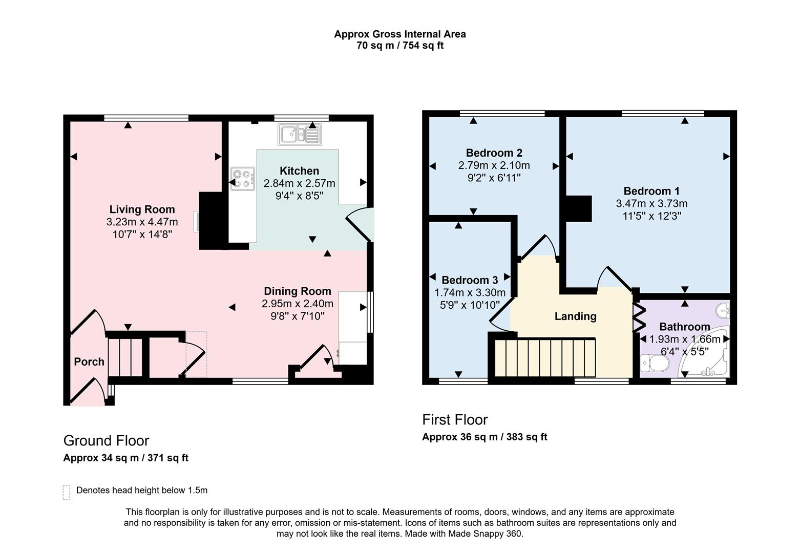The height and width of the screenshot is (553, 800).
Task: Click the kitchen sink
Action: [x=299, y=134]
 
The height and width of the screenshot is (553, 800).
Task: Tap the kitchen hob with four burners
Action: [x=243, y=179]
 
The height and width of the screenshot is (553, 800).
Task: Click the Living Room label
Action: [x=142, y=209]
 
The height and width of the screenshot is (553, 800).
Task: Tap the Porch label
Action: [x=89, y=362]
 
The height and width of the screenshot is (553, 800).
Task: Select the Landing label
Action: [x=575, y=316]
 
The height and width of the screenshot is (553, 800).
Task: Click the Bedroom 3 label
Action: [x=469, y=280]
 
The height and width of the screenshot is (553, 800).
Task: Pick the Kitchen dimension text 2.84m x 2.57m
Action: [x=299, y=183]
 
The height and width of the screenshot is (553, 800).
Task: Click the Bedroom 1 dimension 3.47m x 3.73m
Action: [x=651, y=204]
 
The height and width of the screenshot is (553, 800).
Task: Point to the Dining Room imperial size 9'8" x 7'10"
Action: [x=297, y=316]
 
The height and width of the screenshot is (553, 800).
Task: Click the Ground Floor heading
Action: [x=106, y=441]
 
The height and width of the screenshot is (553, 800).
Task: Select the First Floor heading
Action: [x=455, y=420]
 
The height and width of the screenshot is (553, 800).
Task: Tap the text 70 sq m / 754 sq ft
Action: [x=399, y=46]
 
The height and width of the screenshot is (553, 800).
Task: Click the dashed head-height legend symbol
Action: [x=67, y=492]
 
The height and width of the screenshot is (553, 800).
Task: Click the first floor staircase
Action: [x=545, y=358]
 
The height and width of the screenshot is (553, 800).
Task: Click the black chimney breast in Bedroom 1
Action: [x=578, y=208]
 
